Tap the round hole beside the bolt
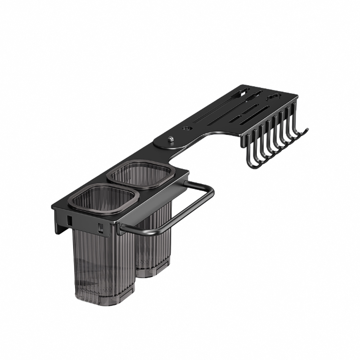point(186,128)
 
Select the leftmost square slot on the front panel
point(69,218)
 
